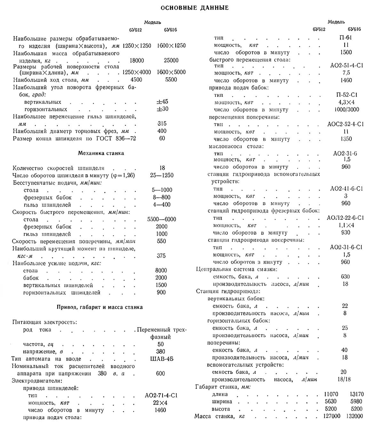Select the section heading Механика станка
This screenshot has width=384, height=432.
tap(101, 153)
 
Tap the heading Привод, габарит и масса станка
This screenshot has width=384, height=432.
tap(100, 307)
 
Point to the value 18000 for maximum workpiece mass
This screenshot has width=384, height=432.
tap(137, 60)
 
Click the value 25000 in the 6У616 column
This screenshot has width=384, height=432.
tap(171, 60)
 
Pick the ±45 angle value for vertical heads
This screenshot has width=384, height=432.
tap(162, 102)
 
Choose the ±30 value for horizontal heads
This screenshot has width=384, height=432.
tap(162, 109)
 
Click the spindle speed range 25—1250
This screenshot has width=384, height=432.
tap(162, 176)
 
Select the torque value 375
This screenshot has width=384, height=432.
tap(161, 256)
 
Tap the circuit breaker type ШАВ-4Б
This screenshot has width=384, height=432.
tap(162, 359)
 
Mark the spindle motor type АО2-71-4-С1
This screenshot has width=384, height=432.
tap(161, 396)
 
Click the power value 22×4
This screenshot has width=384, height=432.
tap(160, 403)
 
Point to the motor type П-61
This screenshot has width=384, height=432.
tap(346, 37)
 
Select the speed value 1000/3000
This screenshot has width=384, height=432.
tap(346, 110)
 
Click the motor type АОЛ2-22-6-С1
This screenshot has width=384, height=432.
tap(345, 218)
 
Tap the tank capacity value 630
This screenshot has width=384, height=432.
tap(345, 277)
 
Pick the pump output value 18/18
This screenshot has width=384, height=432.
tap(344, 379)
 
